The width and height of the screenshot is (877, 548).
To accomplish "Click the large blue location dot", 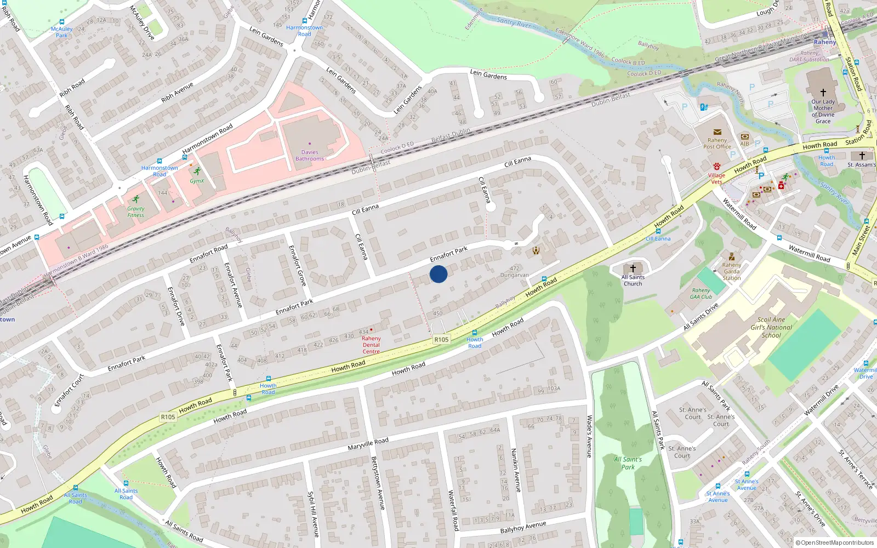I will (438, 274).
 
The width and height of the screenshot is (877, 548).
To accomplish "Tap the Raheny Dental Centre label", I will (371, 345).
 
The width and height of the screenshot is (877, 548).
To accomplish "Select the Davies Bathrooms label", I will (310, 156).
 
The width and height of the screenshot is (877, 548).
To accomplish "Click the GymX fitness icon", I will (197, 172).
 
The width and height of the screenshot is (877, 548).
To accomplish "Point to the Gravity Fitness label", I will (136, 212).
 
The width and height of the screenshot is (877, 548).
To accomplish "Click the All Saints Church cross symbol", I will (633, 269).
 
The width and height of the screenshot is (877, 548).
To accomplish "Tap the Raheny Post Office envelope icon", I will (717, 132).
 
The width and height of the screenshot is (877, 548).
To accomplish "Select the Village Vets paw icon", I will (716, 166).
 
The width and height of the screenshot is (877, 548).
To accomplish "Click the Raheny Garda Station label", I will (731, 271).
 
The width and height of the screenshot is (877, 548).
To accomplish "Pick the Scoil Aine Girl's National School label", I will (771, 327).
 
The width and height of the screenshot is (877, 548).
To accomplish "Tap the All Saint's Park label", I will (628, 463).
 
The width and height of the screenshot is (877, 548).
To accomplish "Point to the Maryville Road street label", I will (368, 444).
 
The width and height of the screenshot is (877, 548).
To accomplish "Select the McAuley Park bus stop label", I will (62, 32).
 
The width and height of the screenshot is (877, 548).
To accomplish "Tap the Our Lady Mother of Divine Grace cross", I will (823, 93).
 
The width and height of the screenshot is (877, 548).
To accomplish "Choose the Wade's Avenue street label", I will (589, 436).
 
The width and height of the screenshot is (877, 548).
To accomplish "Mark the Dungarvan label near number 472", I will (515, 275).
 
